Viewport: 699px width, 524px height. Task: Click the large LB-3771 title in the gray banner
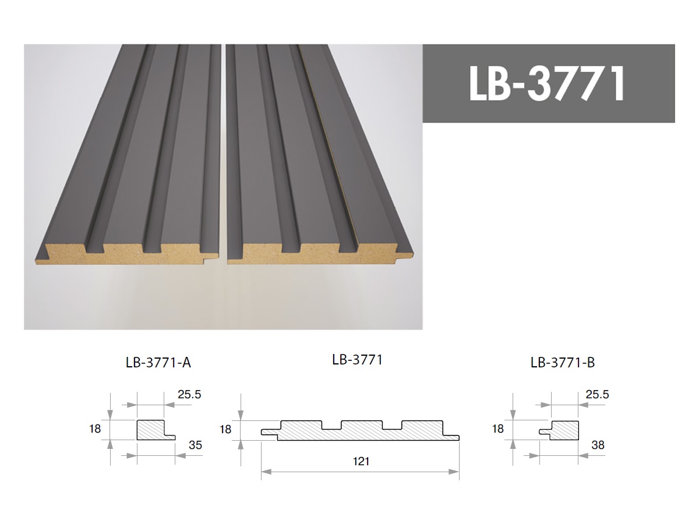tap(548, 83)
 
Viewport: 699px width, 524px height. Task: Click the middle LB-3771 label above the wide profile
tap(357, 360)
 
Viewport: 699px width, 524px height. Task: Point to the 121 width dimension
tap(361, 462)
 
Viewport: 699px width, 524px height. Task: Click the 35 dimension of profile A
tap(196, 446)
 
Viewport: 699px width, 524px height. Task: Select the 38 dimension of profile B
tap(598, 445)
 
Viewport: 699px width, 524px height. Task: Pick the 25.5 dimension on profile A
tap(189, 395)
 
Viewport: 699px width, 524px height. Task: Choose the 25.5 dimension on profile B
tap(597, 395)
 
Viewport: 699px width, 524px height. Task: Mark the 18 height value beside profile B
tap(497, 429)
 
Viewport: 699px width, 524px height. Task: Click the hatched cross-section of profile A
tap(150, 430)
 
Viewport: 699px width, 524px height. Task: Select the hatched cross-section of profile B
tap(564, 430)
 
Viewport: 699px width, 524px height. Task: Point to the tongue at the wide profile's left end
tap(269, 432)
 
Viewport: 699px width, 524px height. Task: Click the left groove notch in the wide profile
tap(331, 425)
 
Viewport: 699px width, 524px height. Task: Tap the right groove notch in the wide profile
tap(392, 425)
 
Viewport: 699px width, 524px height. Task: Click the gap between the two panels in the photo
tap(224, 175)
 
